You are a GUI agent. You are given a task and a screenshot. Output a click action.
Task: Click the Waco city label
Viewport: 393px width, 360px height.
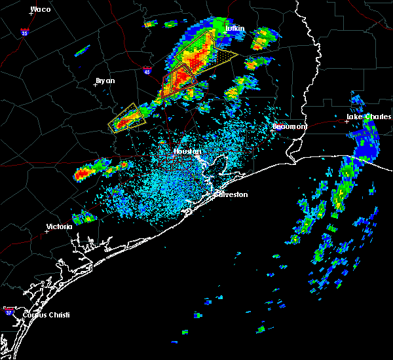[41, 10]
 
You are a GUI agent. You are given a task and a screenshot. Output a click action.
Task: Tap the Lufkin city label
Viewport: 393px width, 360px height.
[234, 29]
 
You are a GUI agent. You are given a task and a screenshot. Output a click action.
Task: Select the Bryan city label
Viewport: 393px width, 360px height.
[105, 81]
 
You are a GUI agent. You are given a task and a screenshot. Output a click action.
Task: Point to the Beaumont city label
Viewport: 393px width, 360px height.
[290, 126]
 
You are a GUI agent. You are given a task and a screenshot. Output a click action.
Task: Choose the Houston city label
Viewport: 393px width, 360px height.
[187, 151]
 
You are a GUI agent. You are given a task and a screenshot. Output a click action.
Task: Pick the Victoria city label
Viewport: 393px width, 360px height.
[59, 227]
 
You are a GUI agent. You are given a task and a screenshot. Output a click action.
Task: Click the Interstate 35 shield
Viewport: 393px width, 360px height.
[24, 32]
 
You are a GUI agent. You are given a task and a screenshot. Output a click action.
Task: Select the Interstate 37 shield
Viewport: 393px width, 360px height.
[9, 309]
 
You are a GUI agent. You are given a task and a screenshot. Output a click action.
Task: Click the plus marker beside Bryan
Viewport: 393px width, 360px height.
[95, 84]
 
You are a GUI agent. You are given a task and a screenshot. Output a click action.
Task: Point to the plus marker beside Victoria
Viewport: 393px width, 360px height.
[47, 231]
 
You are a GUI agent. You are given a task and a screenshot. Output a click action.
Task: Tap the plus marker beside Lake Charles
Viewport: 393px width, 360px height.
[346, 120]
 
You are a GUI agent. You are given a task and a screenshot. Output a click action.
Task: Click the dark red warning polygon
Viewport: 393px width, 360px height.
[179, 80]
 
